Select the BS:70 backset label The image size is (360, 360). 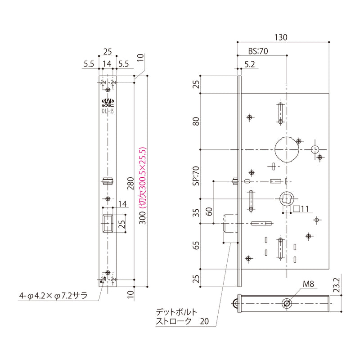tap(258, 51)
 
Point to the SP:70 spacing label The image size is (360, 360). tap(196, 176)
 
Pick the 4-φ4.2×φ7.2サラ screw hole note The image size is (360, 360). tap(53, 296)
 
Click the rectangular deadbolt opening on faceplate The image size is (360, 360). tap(108, 224)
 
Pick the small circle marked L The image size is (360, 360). tap(315, 149)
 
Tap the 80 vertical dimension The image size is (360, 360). tap(196, 121)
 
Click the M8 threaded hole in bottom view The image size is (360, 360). tap(287, 304)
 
